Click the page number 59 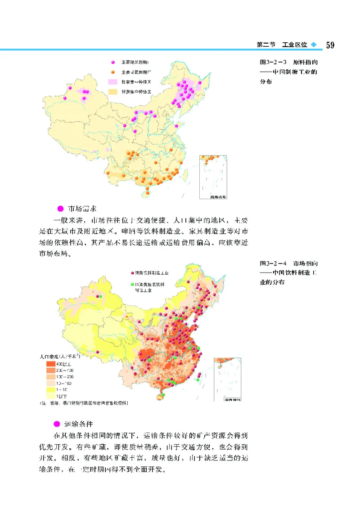(329, 45)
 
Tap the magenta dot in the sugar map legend (114, 61)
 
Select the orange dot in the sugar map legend (114, 72)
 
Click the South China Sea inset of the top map (213, 177)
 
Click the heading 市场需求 (80, 209)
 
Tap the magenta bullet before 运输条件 (57, 424)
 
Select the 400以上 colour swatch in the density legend (50, 363)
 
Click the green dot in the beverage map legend (131, 285)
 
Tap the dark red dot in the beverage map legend (131, 272)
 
